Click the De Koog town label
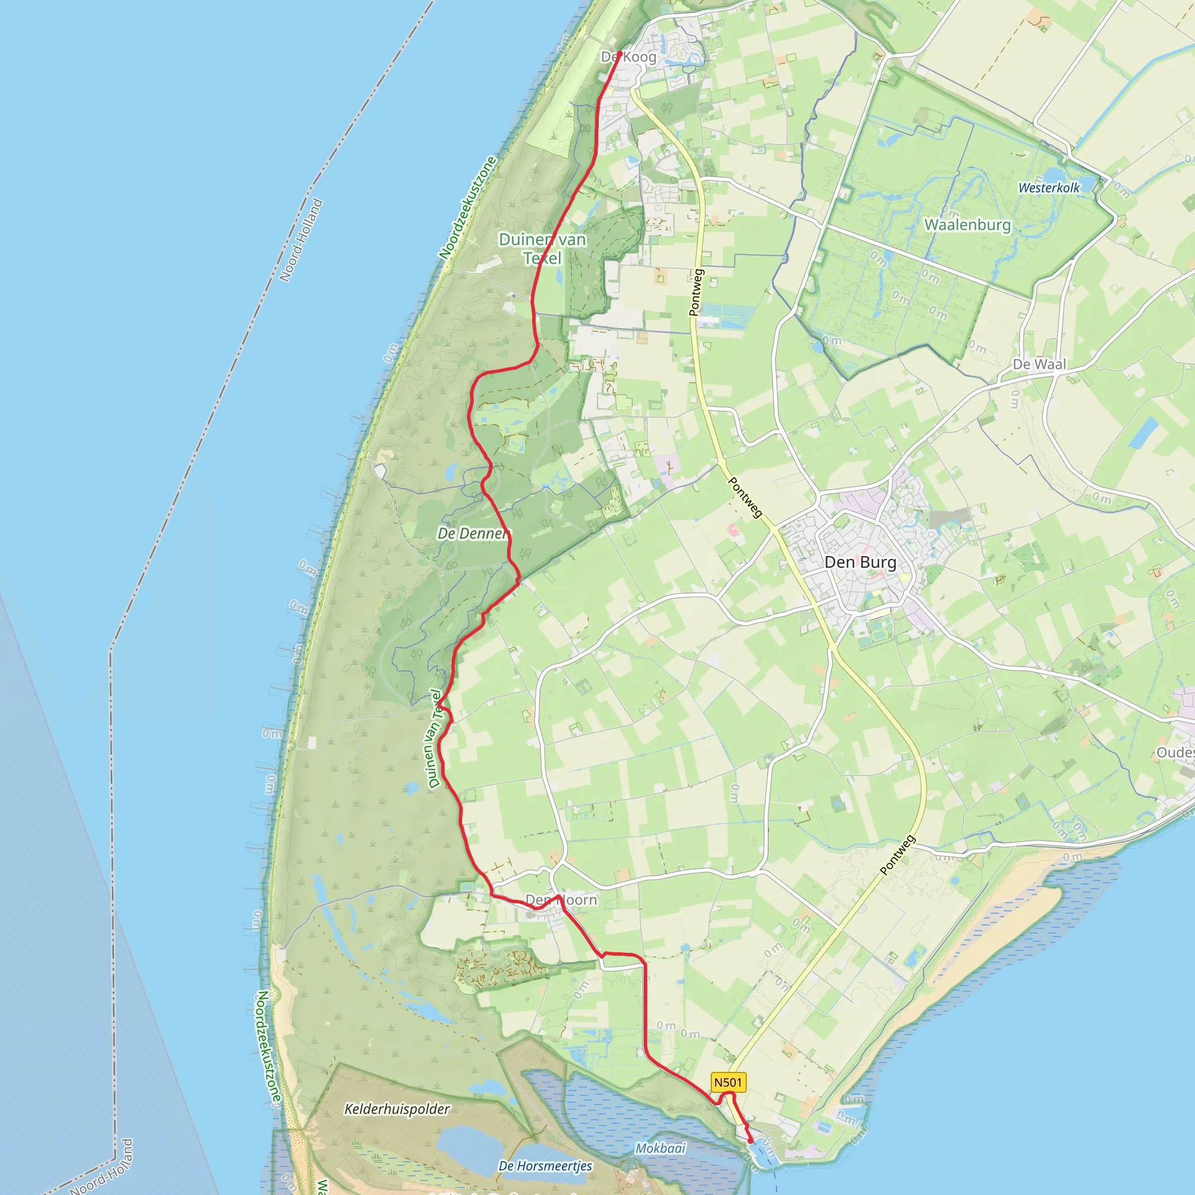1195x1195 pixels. click(x=628, y=57)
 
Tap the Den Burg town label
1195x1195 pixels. click(x=859, y=562)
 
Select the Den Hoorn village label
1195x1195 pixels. click(x=561, y=900)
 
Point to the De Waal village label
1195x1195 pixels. click(x=1039, y=364)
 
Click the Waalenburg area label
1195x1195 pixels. click(x=967, y=225)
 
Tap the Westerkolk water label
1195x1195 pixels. click(x=1049, y=187)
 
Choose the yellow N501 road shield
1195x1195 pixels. click(x=728, y=1082)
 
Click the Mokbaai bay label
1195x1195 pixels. click(x=661, y=1148)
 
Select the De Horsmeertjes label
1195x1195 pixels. click(x=545, y=1166)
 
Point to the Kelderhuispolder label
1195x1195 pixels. click(x=396, y=1109)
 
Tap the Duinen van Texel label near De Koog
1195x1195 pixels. click(x=543, y=248)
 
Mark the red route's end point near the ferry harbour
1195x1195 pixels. click(x=751, y=1141)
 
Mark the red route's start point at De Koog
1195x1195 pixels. click(x=619, y=53)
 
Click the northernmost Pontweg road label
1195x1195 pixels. click(x=696, y=292)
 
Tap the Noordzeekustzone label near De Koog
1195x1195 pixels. click(x=467, y=208)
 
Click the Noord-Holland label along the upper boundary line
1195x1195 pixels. click(x=301, y=240)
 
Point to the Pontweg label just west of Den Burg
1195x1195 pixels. click(x=745, y=497)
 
